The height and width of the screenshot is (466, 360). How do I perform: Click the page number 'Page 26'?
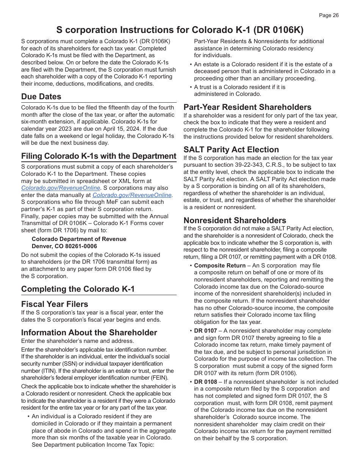[x=329, y=16]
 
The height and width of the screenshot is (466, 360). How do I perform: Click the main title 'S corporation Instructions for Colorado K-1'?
[x=180, y=30]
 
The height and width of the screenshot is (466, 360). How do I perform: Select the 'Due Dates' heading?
[x=41, y=97]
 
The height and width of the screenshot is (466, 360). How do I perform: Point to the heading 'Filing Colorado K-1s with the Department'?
[x=99, y=156]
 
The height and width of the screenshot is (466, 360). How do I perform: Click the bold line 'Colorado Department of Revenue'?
[x=79, y=239]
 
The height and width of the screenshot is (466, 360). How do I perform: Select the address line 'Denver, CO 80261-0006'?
[x=64, y=246]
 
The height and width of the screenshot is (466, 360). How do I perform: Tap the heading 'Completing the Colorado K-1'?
[x=78, y=289]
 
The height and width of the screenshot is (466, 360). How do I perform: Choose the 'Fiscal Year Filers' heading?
[x=55, y=304]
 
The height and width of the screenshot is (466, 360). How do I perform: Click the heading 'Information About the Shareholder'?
[x=89, y=333]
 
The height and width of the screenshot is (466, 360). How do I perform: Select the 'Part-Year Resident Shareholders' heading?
[x=247, y=107]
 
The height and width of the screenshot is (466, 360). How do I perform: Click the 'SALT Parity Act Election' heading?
[x=231, y=150]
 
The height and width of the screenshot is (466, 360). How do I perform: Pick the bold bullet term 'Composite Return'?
[x=220, y=266]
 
